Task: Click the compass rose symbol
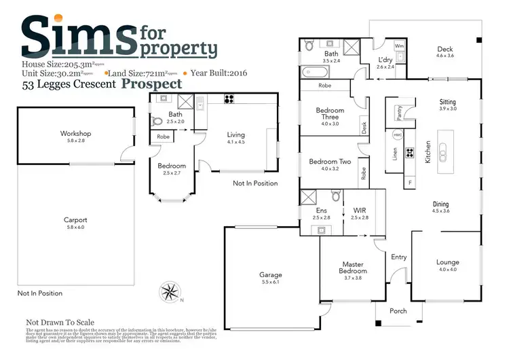[168, 292]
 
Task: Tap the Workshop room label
[75, 134]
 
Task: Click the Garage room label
[270, 275]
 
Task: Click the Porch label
[398, 312]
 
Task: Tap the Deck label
[445, 49]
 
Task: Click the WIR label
[360, 211]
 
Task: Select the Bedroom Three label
[331, 114]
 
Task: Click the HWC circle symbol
[398, 134]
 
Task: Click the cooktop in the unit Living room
[230, 99]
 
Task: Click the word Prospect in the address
[152, 84]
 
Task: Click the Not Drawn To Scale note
[60, 323]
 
